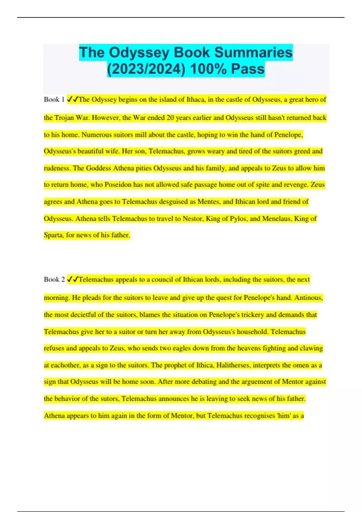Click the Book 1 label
[54, 99]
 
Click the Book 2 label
[54, 279]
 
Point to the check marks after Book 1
[72, 99]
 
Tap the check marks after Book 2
[72, 279]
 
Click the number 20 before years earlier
[170, 117]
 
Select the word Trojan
[64, 117]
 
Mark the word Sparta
[54, 235]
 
